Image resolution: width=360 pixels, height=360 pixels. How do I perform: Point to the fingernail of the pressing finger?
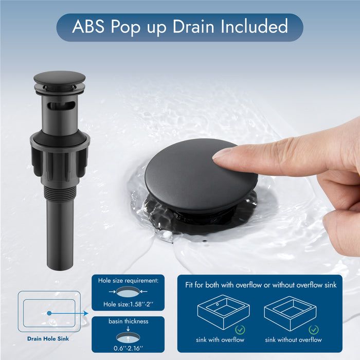(x=222, y=153)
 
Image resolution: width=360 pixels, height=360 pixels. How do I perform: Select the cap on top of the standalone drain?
(x=59, y=78)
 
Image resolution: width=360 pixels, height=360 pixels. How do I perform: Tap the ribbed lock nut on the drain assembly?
(x=60, y=154)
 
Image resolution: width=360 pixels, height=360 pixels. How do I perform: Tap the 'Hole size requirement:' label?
(x=128, y=281)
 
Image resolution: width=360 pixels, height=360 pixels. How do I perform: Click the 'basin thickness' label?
(x=128, y=321)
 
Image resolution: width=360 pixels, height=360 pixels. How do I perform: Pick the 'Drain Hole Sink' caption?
(x=48, y=339)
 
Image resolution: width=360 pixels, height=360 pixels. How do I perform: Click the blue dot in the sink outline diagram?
(x=49, y=313)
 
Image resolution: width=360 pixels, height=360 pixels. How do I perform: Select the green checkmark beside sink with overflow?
(x=240, y=329)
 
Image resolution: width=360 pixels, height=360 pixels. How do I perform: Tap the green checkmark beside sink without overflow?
(x=314, y=329)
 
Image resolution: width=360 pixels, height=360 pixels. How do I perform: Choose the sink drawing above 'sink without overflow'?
(x=290, y=312)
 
